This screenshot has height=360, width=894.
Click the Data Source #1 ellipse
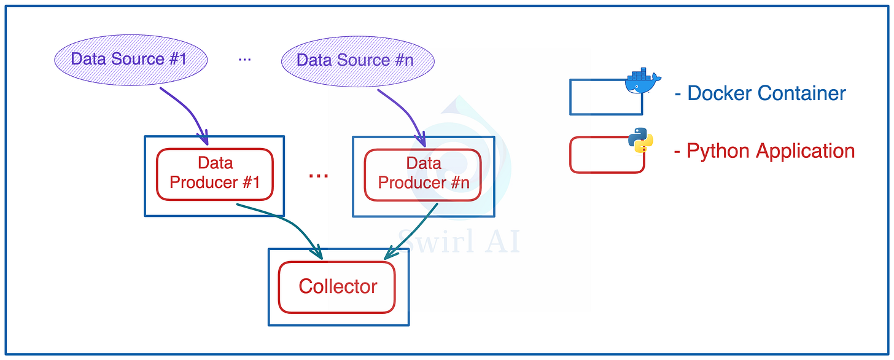[128, 60]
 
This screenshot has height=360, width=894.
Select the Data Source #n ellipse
[357, 60]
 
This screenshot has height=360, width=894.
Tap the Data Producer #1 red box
[214, 174]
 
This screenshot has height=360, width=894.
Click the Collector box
[337, 287]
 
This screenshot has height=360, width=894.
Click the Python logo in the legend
[640, 139]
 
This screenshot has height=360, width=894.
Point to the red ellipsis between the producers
[318, 176]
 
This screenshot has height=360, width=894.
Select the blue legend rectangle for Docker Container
[605, 97]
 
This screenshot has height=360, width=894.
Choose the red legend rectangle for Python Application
[607, 155]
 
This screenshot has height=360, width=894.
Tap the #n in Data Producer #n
[457, 182]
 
